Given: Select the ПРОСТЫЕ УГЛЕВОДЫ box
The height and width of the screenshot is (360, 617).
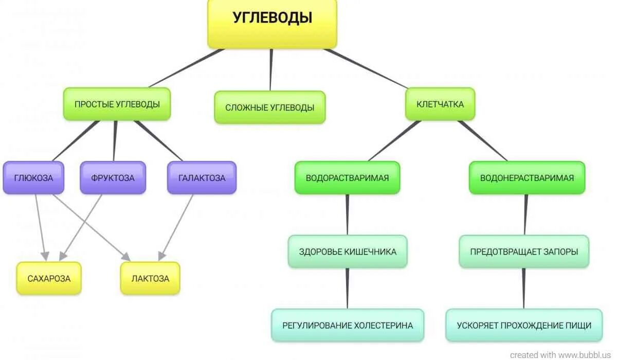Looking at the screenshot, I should [x=117, y=104].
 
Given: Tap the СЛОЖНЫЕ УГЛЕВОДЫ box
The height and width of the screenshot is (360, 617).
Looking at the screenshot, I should [x=269, y=107].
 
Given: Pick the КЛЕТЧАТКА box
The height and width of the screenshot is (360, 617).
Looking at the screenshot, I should [x=440, y=104].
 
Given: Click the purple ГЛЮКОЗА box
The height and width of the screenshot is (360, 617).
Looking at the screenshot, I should [x=33, y=178].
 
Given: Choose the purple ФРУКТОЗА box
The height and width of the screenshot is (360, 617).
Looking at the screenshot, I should [x=113, y=178].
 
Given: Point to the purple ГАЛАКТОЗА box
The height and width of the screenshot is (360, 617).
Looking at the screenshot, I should [x=202, y=178].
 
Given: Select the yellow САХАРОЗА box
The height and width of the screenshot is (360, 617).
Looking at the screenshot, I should [x=49, y=278].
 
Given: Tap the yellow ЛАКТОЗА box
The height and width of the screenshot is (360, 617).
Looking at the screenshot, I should [x=150, y=278].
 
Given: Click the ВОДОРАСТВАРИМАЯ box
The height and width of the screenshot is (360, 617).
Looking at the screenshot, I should [x=347, y=178].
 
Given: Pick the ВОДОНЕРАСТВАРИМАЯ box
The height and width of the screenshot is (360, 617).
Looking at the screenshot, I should [x=527, y=178].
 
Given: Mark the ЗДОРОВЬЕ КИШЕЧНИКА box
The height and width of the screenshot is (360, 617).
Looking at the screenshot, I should [x=348, y=251].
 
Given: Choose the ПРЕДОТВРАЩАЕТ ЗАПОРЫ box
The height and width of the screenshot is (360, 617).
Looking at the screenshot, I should [x=524, y=251].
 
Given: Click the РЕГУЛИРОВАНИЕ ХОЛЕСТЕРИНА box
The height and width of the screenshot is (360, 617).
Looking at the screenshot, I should [x=348, y=325].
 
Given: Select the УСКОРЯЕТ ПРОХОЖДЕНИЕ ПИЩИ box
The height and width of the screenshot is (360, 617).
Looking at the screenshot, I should [x=524, y=325].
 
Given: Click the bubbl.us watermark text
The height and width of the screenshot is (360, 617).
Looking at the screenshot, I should [x=562, y=355].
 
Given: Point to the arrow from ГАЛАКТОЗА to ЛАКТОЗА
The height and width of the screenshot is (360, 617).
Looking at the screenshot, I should [x=176, y=227].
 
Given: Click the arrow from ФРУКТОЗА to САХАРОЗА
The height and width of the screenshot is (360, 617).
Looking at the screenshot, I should [x=81, y=227].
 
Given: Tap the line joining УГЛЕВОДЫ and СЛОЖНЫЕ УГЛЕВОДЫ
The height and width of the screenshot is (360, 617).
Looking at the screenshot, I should [x=271, y=69].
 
